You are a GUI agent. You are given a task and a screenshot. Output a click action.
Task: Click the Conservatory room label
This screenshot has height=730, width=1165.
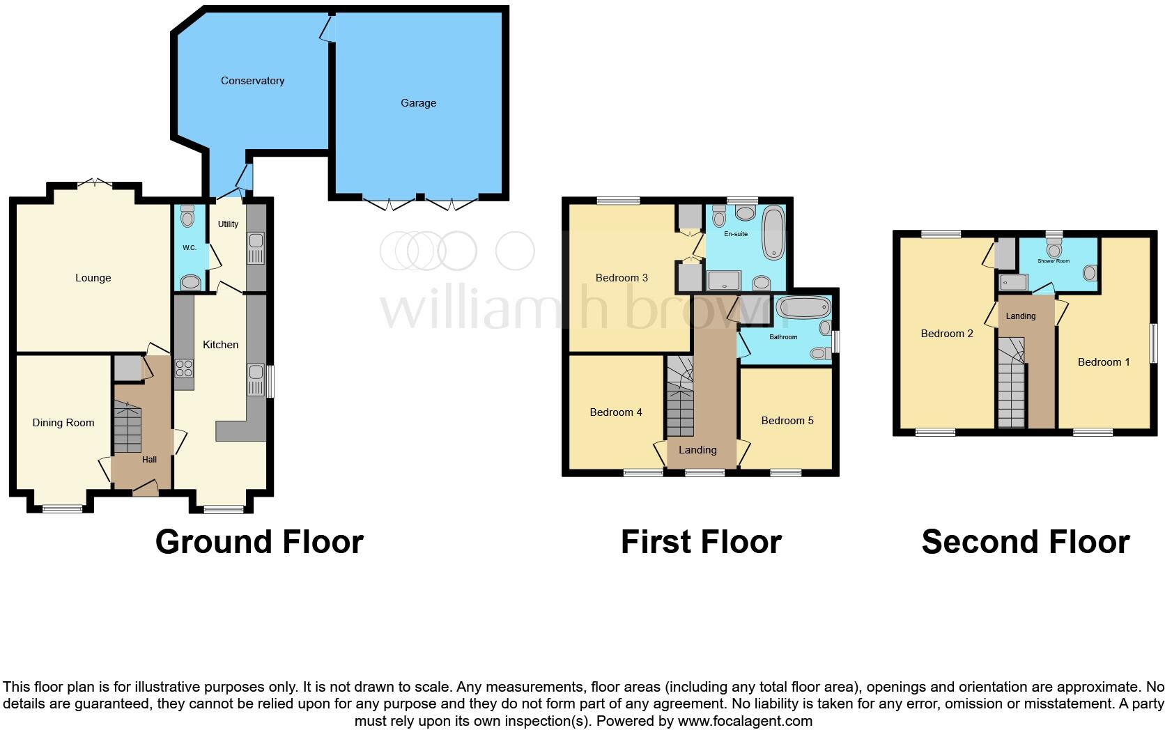point(252,81)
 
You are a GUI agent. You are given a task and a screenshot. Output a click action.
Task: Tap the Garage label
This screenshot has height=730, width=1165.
point(418,103)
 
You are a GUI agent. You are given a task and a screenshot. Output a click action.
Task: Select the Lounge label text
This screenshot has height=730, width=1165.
point(93,278)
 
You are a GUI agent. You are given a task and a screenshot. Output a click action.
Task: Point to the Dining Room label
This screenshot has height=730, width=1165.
point(63,423)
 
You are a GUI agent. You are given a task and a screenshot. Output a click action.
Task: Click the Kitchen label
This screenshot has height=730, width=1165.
point(220,345)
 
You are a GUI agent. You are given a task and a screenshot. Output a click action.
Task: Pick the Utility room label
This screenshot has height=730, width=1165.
point(228,224)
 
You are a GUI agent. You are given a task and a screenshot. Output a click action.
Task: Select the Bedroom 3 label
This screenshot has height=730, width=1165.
point(622,278)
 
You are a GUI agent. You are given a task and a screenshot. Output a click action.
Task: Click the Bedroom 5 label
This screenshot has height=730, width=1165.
point(787,421)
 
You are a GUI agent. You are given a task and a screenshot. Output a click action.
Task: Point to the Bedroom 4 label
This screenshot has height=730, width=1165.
point(616,412)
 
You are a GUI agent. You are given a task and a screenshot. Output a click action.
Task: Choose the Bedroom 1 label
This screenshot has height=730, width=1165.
point(1104,362)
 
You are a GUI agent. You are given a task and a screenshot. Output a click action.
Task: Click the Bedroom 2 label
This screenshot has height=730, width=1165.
point(947,334)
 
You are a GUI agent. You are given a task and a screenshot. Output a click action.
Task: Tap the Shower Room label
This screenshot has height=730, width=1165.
point(1053,261)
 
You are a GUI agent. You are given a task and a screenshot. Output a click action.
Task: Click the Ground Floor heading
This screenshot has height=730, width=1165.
point(259,542)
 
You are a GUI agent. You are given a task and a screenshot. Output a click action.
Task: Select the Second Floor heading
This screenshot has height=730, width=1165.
point(1025,542)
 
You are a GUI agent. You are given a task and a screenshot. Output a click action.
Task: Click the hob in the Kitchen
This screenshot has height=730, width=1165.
point(185,368)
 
